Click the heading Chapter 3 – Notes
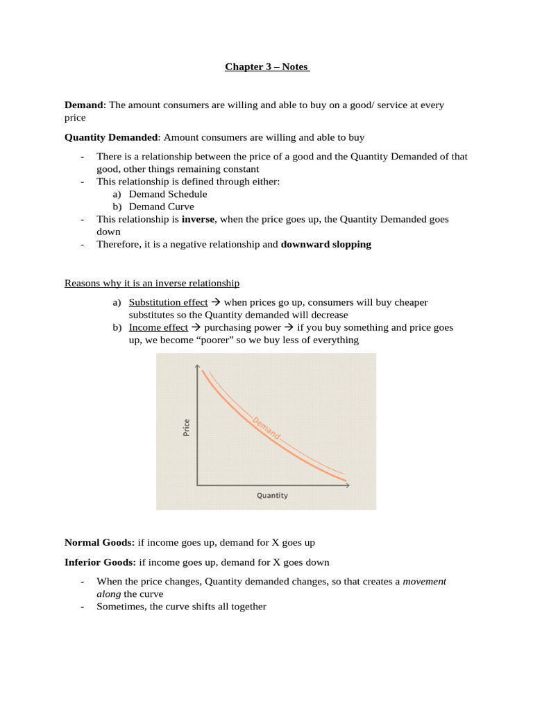pos(266,67)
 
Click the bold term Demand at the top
pos(83,105)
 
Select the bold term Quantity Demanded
pos(111,137)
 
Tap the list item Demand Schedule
pos(167,194)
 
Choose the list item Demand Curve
pos(161,207)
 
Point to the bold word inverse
pos(198,219)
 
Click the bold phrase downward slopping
pos(325,244)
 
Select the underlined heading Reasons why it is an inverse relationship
pos(152,283)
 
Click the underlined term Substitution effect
pos(168,302)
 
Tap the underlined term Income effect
pos(158,327)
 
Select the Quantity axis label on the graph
pos(272,496)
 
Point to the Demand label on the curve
pos(266,428)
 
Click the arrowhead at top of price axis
pos(198,367)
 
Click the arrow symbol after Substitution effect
pos(215,302)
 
